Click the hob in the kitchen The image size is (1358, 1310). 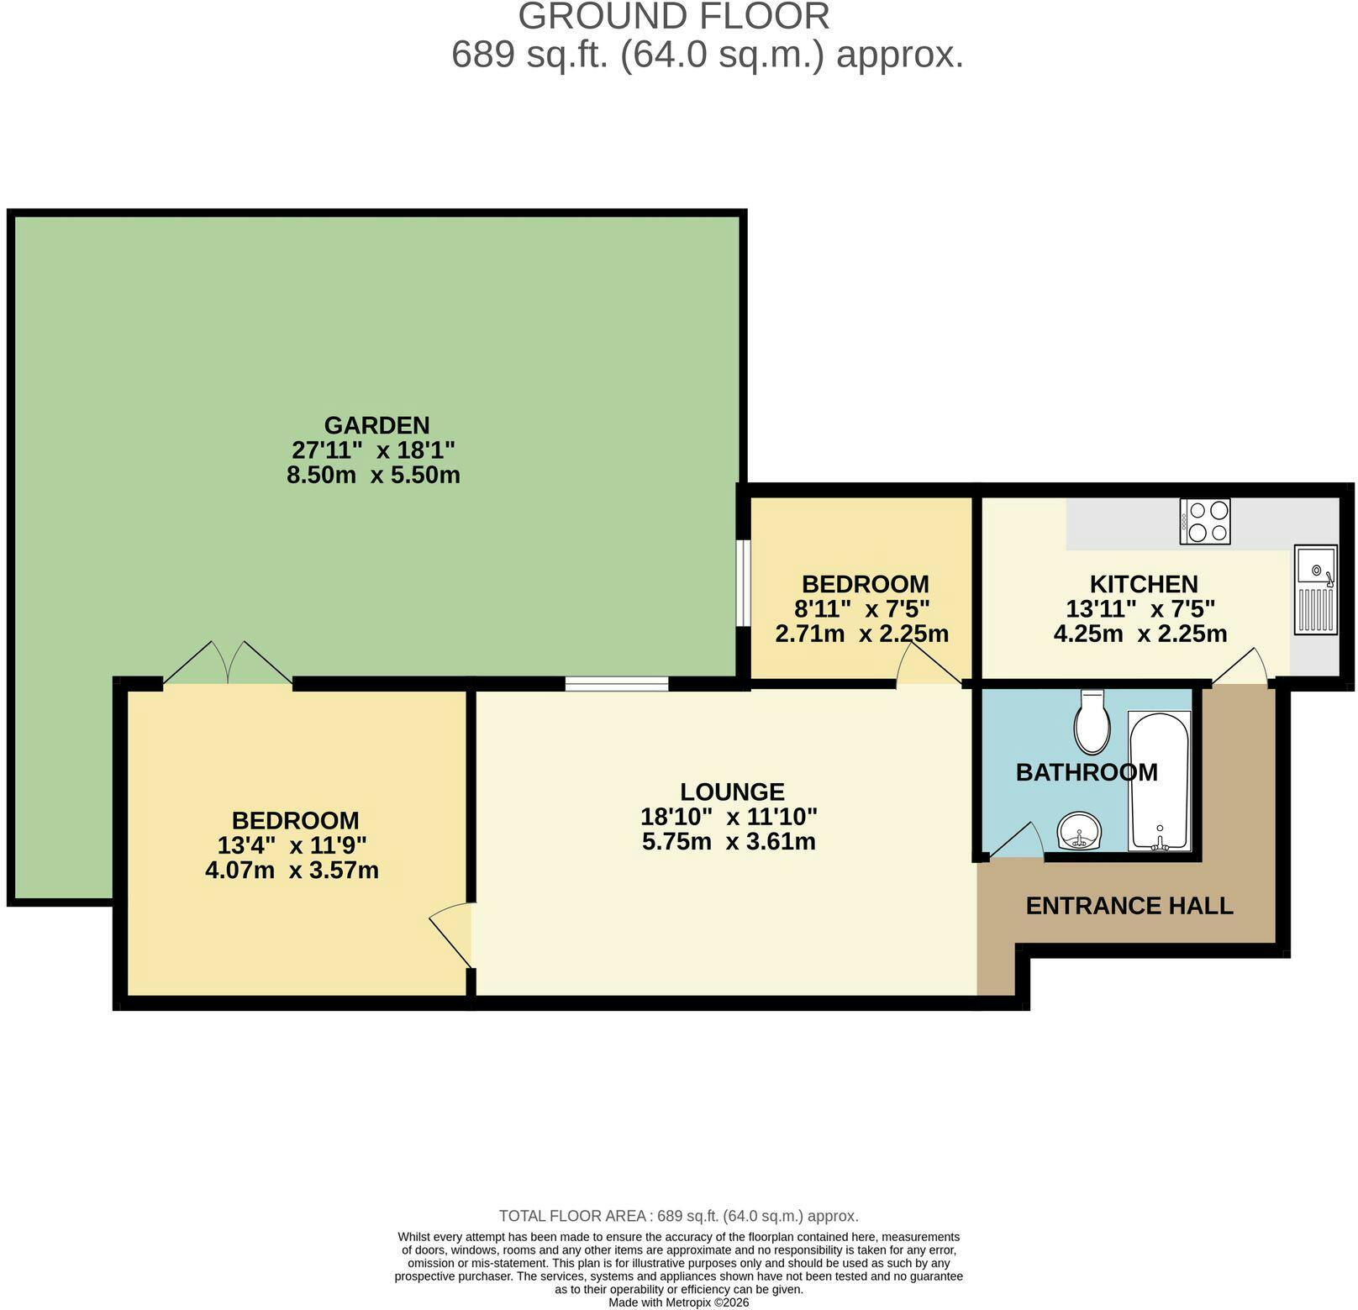(x=1204, y=521)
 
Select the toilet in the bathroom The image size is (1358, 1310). (x=1092, y=722)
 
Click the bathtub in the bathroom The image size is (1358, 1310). (x=1160, y=781)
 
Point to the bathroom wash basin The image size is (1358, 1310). (x=1079, y=832)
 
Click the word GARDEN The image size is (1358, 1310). (x=376, y=425)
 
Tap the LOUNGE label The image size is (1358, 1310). (x=732, y=792)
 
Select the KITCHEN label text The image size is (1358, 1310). (x=1144, y=584)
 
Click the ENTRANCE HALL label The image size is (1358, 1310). (x=1129, y=906)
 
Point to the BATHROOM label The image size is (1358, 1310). (x=1087, y=772)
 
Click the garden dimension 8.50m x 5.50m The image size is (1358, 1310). (x=373, y=475)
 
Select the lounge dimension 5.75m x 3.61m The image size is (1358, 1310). (x=729, y=841)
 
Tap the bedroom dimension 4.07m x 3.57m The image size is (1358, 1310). (x=292, y=870)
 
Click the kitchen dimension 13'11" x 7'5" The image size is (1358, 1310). (x=1140, y=608)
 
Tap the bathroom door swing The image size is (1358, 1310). (x=1016, y=840)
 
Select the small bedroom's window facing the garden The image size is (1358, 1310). (x=744, y=583)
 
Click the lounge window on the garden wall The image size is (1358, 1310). (x=617, y=683)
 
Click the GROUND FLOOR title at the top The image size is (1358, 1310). (x=674, y=17)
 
